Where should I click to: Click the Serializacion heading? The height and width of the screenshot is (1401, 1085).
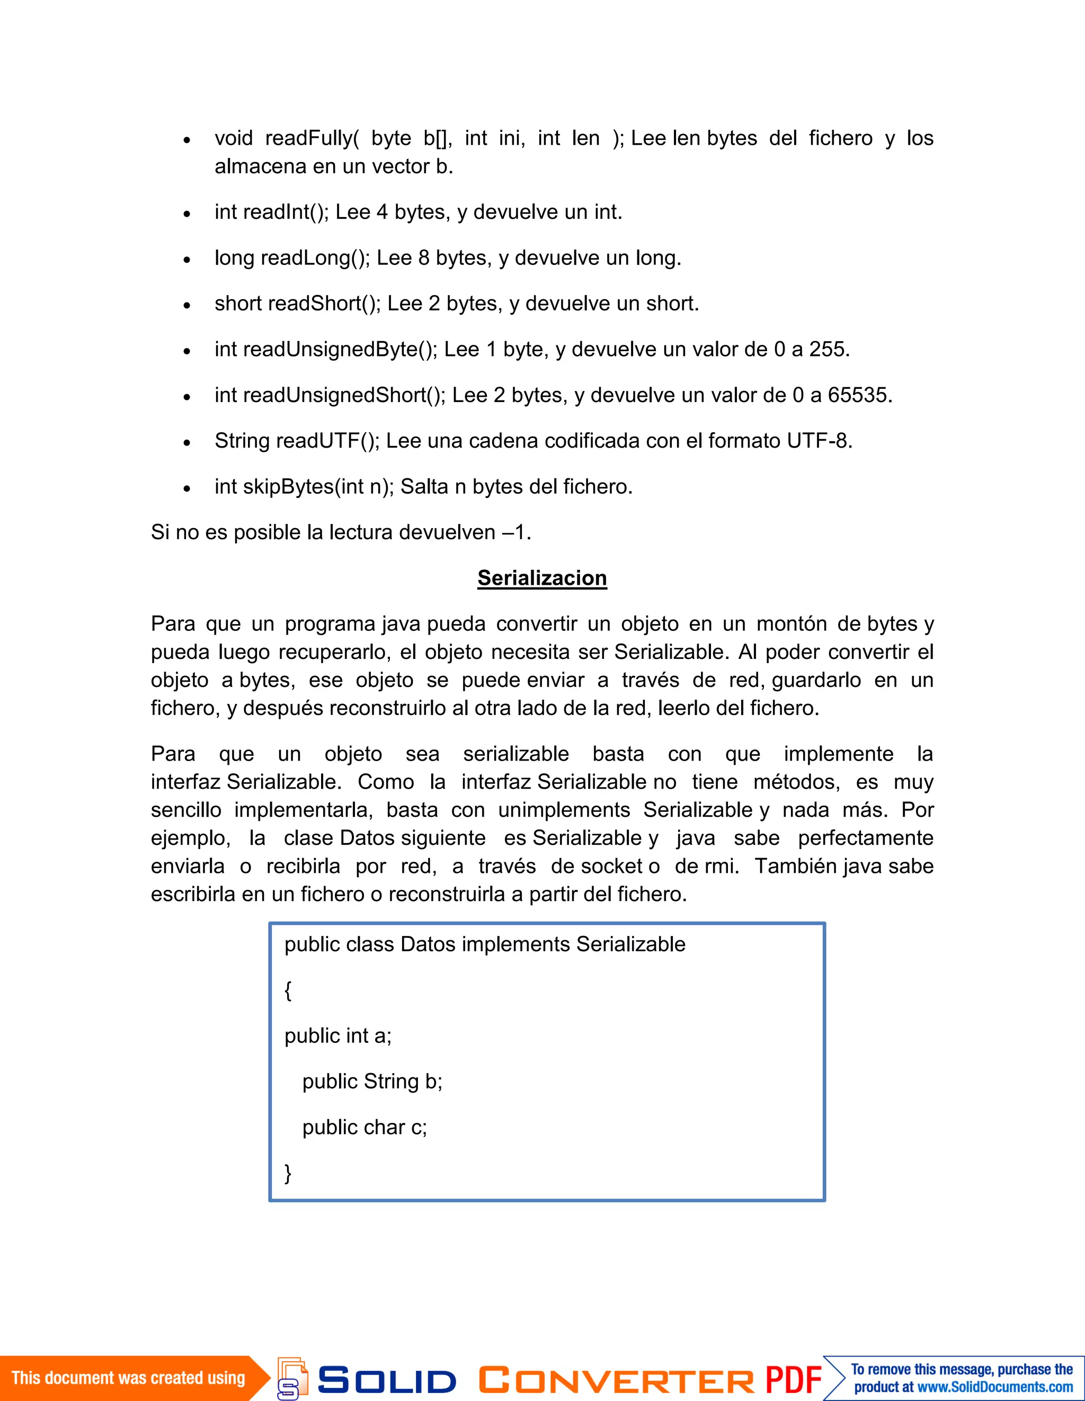tap(541, 578)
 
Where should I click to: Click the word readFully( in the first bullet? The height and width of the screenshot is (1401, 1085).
tap(312, 138)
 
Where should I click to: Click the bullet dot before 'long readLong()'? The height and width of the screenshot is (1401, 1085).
tap(186, 260)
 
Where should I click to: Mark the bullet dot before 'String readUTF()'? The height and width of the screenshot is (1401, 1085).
tap(186, 443)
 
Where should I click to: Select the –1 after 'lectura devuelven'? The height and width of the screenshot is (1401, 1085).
tap(514, 532)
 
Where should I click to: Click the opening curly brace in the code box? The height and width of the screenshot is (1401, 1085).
tap(288, 990)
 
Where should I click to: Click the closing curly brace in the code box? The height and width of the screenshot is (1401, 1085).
tap(288, 1173)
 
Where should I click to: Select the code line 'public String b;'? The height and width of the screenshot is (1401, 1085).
tap(372, 1082)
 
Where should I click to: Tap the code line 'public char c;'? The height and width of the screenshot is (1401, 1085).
tap(364, 1128)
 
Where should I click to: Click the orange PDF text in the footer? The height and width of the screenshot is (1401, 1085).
tap(793, 1379)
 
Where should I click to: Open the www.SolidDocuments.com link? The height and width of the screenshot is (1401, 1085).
tap(994, 1387)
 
